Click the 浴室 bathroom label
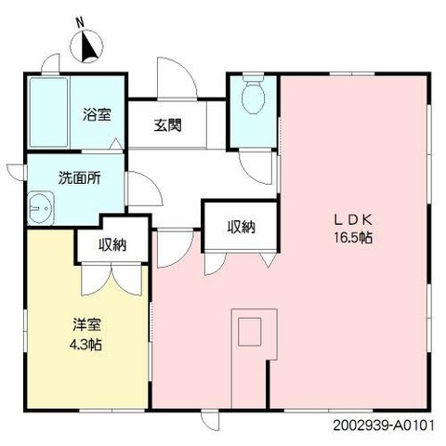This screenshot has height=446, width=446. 97,114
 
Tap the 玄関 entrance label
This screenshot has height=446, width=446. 167,125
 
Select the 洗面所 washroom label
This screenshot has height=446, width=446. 80,177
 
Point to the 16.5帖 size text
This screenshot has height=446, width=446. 353,238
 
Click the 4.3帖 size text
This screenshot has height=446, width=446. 86,344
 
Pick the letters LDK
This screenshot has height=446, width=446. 352,220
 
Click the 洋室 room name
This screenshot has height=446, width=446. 87,325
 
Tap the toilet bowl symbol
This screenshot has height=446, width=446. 253,94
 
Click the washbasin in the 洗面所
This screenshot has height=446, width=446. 41,208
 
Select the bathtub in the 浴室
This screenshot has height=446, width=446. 48,112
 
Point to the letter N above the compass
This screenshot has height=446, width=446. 81,23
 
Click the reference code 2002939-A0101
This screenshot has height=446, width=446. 384,426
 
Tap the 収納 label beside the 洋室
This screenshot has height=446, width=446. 112,245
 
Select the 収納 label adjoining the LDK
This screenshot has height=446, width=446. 242,227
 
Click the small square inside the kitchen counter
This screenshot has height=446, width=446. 249,332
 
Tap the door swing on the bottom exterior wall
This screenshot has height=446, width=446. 208,420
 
